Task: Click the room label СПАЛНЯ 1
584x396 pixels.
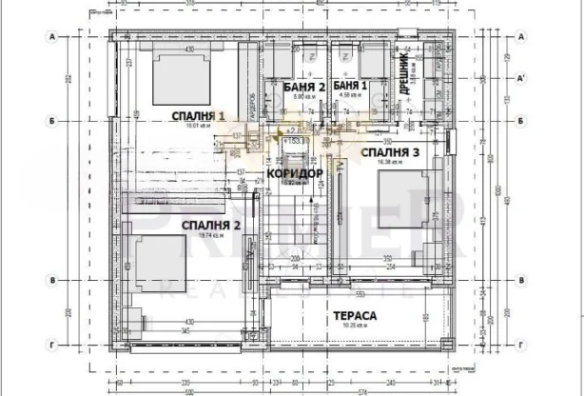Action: point(198,116)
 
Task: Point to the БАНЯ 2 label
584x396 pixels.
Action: point(304,87)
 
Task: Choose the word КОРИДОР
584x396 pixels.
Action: point(296,174)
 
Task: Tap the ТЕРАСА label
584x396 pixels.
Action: point(356,315)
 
